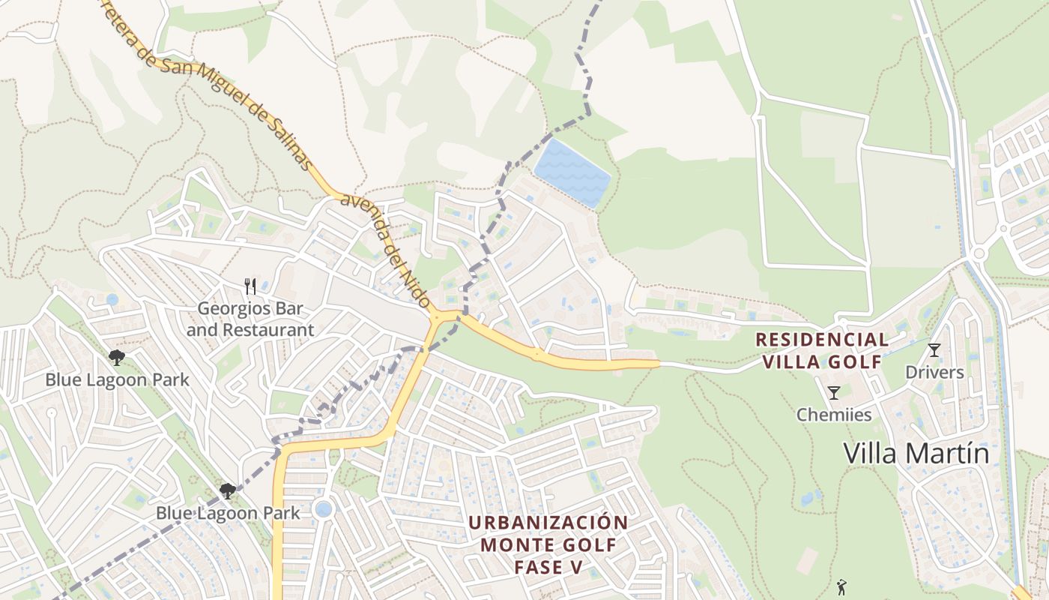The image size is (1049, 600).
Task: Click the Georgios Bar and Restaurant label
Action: click(250, 319)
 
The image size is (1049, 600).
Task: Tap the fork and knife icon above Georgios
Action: click(250, 286)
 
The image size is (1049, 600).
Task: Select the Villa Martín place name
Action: click(916, 454)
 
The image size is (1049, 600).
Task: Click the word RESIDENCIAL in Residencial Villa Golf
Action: click(822, 340)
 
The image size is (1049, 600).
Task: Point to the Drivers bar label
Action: click(934, 372)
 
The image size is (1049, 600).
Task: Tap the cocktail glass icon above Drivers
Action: click(934, 349)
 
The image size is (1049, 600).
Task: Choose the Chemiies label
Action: click(834, 415)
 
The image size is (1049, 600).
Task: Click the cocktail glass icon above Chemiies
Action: click(833, 392)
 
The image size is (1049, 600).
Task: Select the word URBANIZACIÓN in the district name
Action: click(548, 522)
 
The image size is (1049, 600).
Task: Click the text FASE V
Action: click(548, 567)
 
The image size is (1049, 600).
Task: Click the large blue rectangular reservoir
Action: click(572, 173)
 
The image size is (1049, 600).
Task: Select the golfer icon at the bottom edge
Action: click(841, 587)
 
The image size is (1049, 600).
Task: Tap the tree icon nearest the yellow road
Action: click(228, 491)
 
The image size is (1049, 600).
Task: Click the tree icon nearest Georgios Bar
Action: click(117, 358)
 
